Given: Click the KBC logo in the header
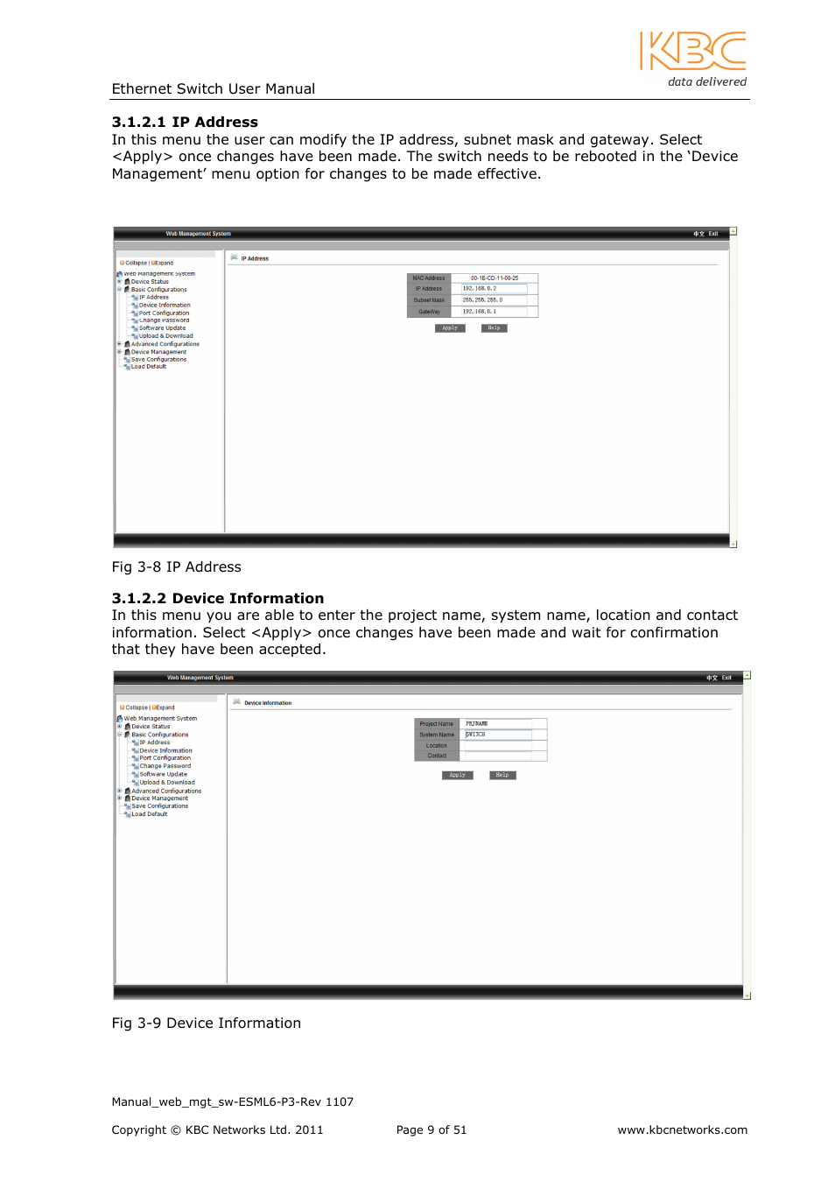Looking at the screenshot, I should (692, 51).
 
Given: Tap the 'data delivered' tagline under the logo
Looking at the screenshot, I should (706, 82).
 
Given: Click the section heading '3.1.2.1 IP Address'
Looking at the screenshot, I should (185, 123).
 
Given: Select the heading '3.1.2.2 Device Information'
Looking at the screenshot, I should (217, 599).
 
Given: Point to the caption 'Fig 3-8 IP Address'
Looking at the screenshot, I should (176, 567).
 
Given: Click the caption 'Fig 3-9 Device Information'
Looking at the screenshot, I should (206, 1024).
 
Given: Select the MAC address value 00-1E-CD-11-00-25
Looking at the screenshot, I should (494, 278).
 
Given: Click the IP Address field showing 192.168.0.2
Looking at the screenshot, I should (494, 289).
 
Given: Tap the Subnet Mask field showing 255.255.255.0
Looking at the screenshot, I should (494, 300).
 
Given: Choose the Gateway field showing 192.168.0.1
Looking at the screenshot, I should (494, 312).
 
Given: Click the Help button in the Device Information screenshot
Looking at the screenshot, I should (502, 776).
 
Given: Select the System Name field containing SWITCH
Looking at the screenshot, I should (497, 735).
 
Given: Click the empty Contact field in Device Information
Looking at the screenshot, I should (497, 756).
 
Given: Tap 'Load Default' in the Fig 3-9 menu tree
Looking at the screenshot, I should (149, 814).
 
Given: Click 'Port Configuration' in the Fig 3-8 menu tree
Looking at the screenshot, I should (164, 313).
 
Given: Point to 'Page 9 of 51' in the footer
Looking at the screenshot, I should (431, 1130).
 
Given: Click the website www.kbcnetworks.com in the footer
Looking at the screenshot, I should (682, 1130).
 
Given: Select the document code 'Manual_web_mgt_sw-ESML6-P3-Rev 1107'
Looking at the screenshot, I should (232, 1102).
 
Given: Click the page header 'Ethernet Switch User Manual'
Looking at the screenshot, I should (213, 89).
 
